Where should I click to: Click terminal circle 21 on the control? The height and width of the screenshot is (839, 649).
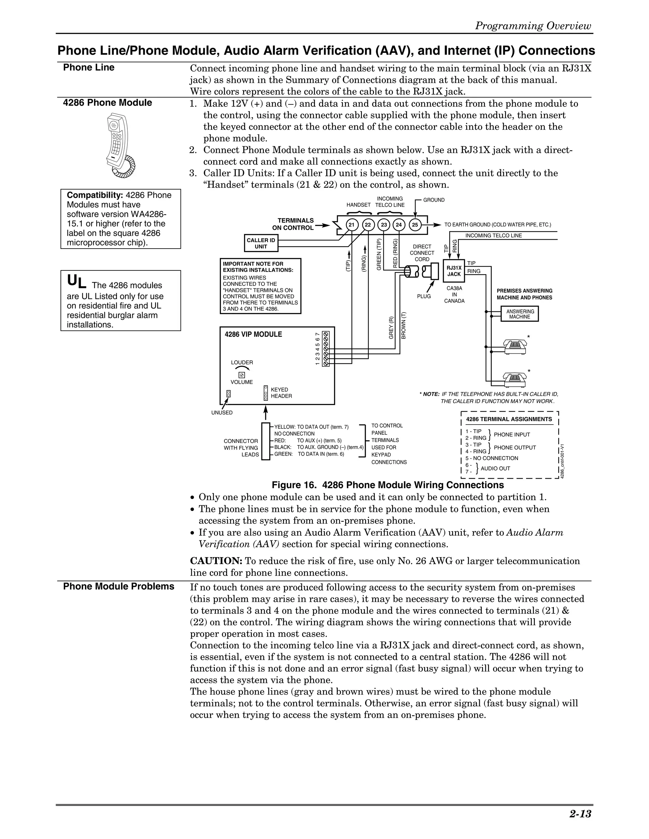click(351, 225)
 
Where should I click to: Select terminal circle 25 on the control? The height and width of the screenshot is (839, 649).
click(414, 225)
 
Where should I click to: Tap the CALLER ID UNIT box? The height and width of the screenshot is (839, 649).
click(261, 243)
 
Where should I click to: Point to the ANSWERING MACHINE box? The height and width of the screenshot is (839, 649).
click(519, 314)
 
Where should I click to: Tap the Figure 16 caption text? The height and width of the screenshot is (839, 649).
click(388, 485)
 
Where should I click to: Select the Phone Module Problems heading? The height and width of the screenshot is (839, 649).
click(119, 586)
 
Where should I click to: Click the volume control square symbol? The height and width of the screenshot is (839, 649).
click(241, 375)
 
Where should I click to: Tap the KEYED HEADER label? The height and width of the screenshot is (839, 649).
click(281, 393)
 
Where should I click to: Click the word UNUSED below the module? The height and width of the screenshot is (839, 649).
click(222, 413)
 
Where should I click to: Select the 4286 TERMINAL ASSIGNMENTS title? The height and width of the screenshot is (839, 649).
click(509, 419)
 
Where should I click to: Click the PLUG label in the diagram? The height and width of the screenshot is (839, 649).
click(424, 296)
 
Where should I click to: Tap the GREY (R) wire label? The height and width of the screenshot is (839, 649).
click(391, 327)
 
